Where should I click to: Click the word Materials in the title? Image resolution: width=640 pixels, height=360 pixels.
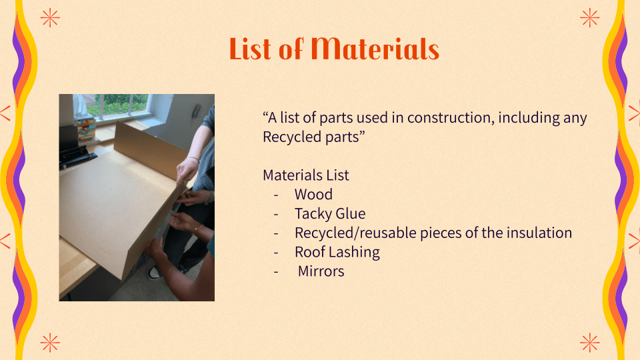click(375, 49)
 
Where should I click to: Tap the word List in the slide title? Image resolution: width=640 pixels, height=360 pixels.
click(250, 49)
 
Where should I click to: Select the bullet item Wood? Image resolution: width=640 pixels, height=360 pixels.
click(313, 194)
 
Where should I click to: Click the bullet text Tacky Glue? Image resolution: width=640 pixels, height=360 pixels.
click(330, 213)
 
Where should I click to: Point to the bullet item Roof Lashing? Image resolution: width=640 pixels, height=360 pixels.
click(337, 252)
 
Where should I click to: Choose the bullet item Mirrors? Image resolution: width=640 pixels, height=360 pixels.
click(321, 271)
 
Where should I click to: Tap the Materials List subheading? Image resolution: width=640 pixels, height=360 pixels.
click(306, 175)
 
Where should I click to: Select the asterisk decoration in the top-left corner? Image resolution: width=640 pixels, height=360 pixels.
click(50, 18)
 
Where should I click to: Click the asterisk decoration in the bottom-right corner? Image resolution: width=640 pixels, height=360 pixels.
click(590, 343)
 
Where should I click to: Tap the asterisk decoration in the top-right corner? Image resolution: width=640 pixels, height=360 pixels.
click(590, 18)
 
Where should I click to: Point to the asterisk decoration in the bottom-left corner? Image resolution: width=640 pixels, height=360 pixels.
click(50, 343)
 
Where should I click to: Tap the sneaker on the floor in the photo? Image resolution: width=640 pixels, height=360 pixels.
click(155, 273)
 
